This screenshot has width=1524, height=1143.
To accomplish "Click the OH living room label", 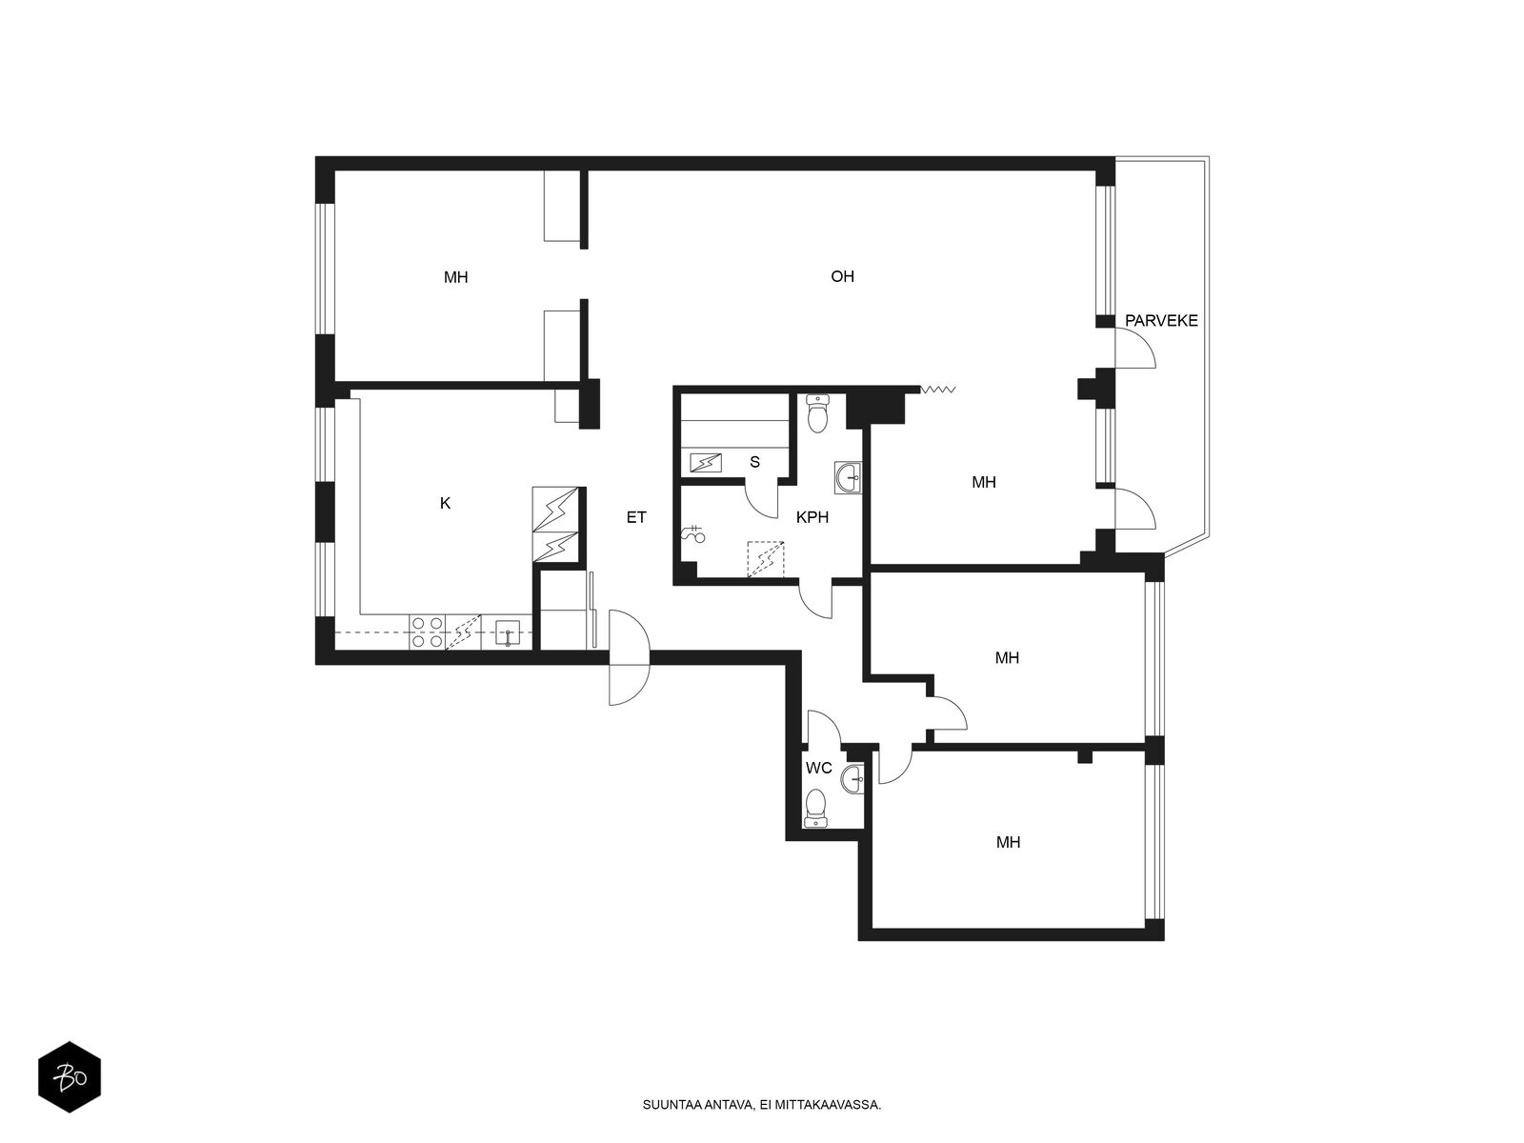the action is click(841, 276).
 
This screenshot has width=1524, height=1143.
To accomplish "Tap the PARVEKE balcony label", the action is click(1161, 321).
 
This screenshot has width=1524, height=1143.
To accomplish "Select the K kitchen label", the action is click(445, 503).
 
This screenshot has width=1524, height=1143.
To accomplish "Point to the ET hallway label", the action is click(636, 517).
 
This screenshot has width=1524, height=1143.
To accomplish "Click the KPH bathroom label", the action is click(812, 517).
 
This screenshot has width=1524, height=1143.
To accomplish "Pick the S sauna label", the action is click(754, 462).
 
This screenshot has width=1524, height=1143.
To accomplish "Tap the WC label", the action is click(818, 769).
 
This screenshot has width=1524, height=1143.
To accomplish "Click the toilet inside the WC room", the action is click(815, 808).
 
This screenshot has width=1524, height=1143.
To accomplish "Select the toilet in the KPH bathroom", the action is click(818, 413).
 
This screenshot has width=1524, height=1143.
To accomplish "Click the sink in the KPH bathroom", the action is click(849, 477).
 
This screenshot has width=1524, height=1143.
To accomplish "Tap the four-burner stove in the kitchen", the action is click(427, 632).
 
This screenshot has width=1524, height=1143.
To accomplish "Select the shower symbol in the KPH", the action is click(693, 534).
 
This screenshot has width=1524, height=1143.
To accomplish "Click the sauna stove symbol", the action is click(706, 463).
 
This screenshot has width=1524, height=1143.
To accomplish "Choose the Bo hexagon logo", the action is click(70, 1077).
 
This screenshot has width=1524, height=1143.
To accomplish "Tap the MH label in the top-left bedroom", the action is click(455, 277).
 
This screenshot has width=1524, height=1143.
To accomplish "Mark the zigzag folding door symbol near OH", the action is click(938, 390).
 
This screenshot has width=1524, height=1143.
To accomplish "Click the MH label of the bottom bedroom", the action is click(1008, 843).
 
